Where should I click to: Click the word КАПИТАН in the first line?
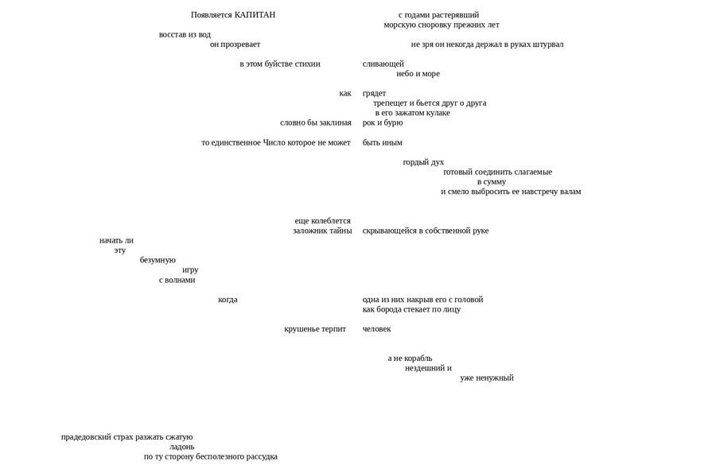(x=255, y=15)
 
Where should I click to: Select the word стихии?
(x=307, y=64)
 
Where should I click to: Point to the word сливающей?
(x=383, y=64)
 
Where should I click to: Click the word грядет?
(x=374, y=94)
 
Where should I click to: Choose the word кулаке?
(x=437, y=113)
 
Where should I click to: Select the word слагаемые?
(x=527, y=173)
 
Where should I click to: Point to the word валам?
(x=570, y=192)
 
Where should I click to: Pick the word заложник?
(x=309, y=231)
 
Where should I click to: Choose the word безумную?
(x=158, y=260)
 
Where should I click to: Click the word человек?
(x=377, y=329)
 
